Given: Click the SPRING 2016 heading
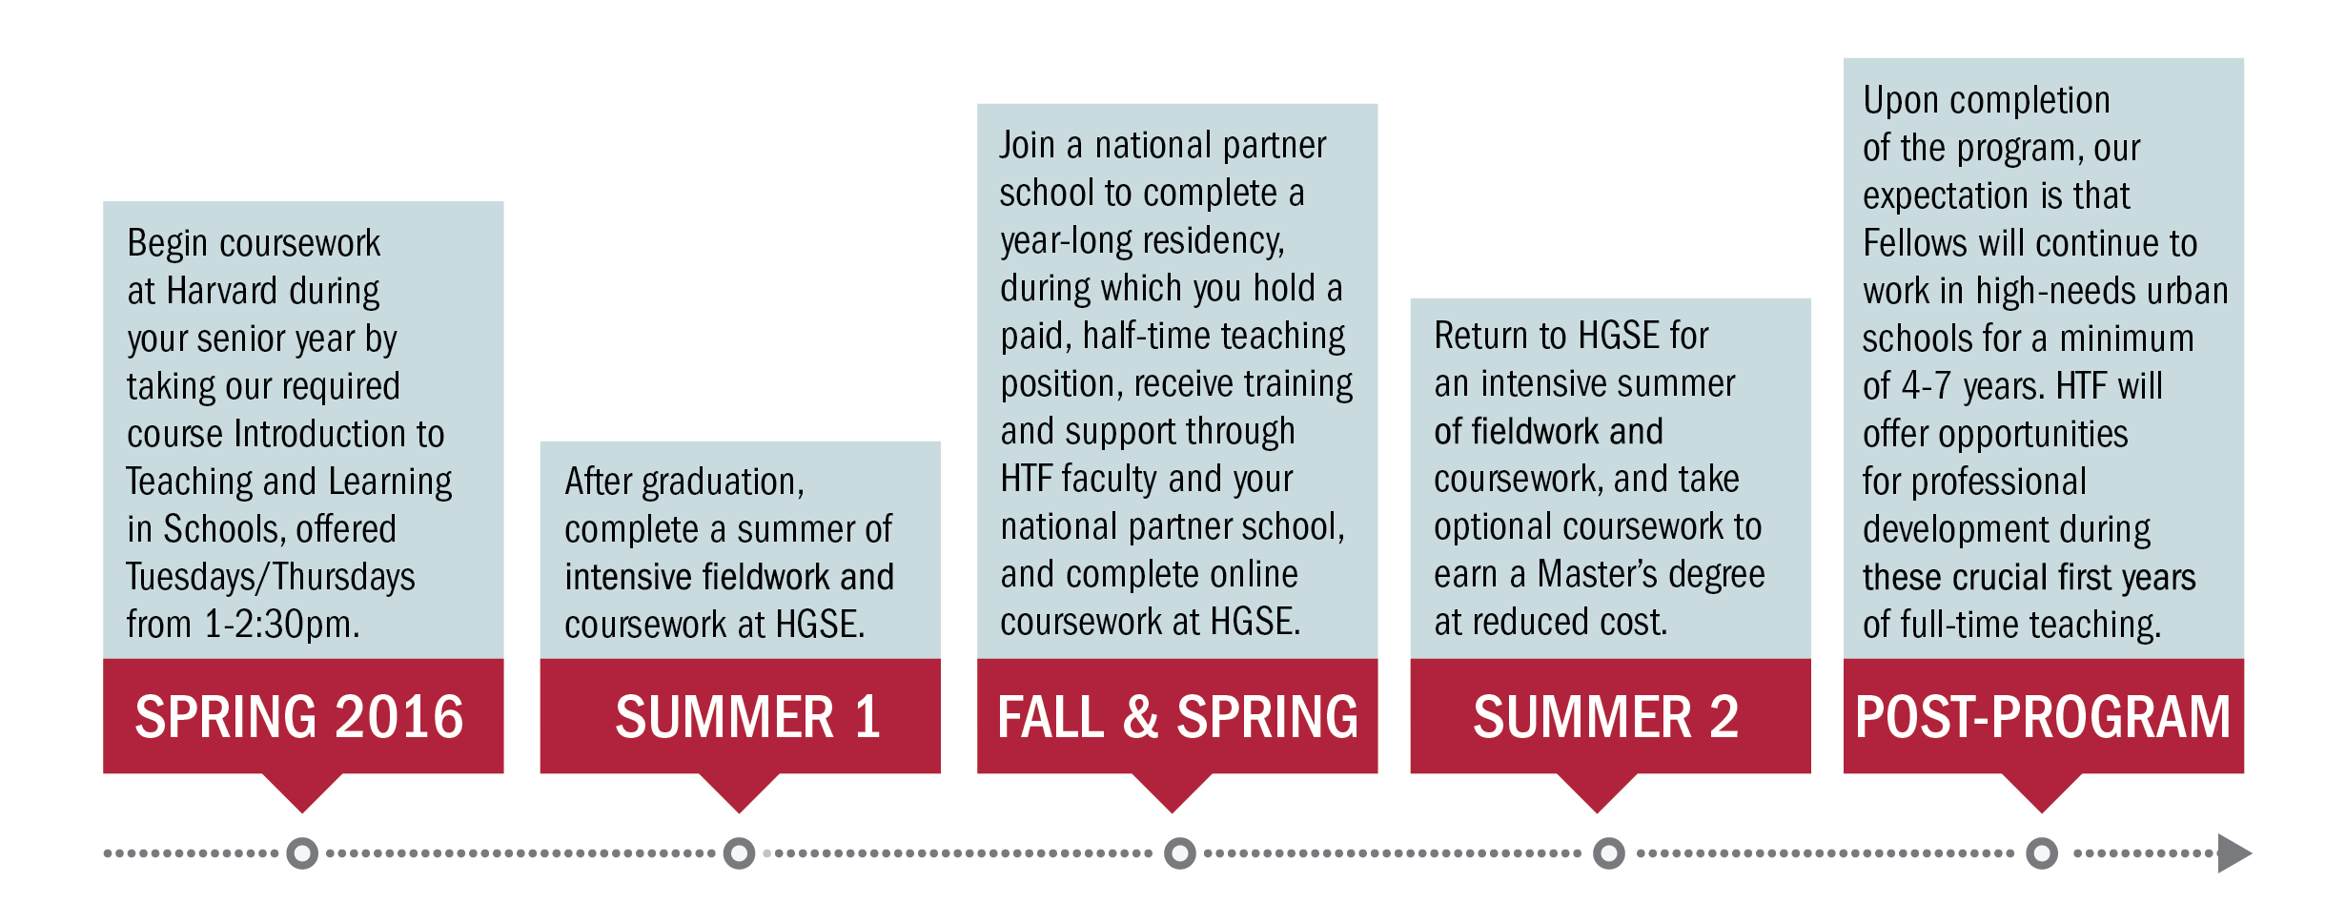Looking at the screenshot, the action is click(299, 717).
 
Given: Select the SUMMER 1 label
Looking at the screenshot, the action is click(747, 717).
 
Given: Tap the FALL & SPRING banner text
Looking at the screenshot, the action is click(1177, 717).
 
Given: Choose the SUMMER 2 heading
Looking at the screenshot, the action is click(1606, 717).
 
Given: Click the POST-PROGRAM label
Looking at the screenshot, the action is click(2043, 717).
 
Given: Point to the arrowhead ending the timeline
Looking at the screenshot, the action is click(2234, 852).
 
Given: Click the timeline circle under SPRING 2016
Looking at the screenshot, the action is click(302, 852).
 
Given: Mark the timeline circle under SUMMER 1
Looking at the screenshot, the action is click(739, 852).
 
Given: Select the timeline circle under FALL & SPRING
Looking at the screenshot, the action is click(1180, 852).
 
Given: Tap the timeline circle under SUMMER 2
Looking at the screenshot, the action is click(1609, 852).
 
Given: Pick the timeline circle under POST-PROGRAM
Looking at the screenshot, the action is click(2042, 852).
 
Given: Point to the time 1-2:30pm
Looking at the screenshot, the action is click(282, 625).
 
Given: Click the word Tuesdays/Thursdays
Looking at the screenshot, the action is click(271, 577).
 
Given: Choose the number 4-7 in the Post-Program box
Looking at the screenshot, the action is click(1927, 386).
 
